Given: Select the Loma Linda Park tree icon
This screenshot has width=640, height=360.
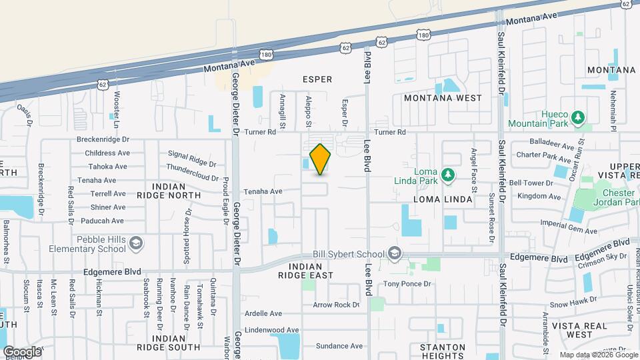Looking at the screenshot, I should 449,175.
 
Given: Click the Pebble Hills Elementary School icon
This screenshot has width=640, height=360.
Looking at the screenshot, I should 136,243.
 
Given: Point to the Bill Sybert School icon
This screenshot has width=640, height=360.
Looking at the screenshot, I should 395,253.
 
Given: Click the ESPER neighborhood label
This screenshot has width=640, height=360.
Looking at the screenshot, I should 317,79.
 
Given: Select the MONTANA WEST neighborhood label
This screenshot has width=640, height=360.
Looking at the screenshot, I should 442,98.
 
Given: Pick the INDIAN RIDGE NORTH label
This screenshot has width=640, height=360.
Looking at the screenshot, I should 176,191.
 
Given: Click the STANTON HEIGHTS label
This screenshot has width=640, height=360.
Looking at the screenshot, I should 442,351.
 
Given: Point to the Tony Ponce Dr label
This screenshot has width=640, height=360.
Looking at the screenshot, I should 407,284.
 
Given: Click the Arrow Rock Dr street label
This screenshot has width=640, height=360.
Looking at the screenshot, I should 337,305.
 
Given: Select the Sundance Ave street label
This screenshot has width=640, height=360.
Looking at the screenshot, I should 339,346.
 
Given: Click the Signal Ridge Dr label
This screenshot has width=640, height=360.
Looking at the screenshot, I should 192,159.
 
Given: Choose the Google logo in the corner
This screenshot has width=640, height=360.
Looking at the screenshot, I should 22,351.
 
